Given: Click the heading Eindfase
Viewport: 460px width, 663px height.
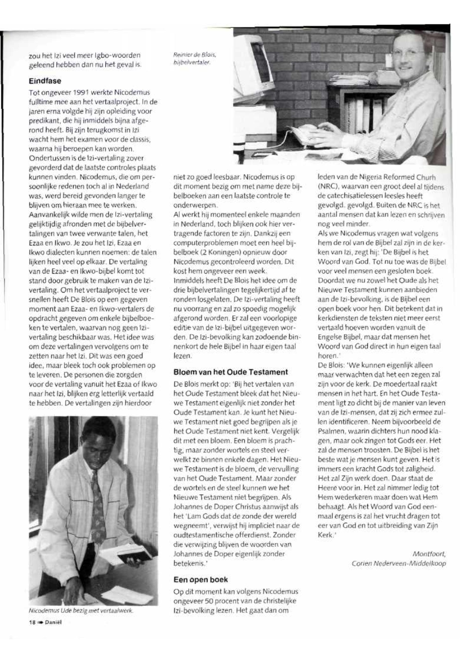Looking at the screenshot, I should pos(45,81).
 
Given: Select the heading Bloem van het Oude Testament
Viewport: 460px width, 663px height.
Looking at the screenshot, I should pos(230,372).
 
